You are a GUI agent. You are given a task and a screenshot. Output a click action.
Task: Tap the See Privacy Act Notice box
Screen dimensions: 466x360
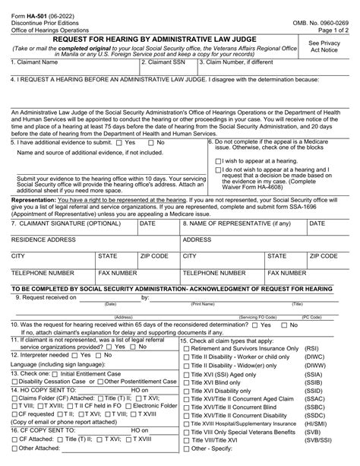(x=324, y=49)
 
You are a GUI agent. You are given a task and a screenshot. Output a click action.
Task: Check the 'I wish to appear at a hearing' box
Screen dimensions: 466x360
(x=220, y=160)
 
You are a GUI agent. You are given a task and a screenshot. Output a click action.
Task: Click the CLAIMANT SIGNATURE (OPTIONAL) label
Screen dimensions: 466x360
(x=58, y=223)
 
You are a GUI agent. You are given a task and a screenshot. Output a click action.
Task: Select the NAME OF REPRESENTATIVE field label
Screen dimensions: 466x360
(x=237, y=223)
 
